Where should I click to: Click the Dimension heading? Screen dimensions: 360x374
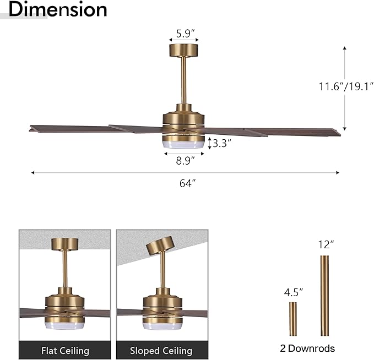58,9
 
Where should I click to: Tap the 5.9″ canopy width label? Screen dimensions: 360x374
184,33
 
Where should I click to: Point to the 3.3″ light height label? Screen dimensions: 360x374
221,144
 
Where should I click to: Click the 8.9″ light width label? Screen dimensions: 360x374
184,161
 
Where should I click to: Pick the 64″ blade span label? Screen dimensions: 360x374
187,183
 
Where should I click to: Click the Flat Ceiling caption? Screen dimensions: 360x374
65,350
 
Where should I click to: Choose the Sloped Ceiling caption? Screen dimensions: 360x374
161,350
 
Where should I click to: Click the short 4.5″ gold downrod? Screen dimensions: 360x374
293,319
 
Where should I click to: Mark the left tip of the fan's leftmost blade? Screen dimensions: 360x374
31,129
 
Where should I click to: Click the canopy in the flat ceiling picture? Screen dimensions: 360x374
65,244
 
